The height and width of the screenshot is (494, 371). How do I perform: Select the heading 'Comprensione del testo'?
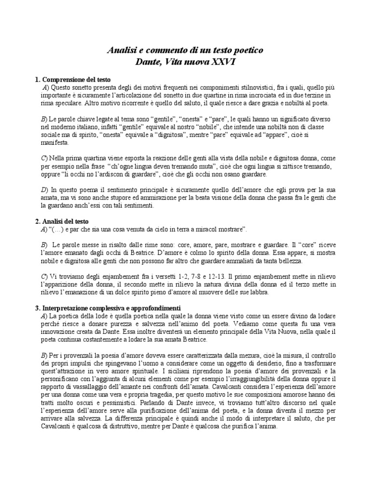click(77, 79)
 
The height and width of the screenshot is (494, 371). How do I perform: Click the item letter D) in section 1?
click(44, 190)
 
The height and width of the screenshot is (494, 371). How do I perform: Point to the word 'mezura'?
click(258, 355)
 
